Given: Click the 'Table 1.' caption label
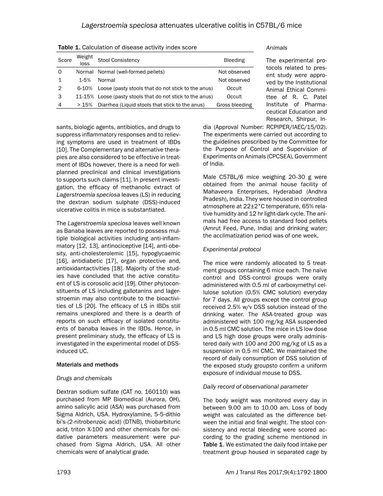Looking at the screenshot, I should point(69,48).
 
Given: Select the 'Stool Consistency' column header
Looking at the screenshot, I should point(119,60).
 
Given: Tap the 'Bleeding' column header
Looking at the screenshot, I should point(234,60).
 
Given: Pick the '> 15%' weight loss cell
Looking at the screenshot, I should point(85,105).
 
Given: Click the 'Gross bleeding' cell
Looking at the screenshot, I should point(234,105).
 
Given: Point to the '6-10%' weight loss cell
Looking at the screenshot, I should point(85,88).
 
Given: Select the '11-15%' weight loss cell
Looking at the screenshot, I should point(85,97).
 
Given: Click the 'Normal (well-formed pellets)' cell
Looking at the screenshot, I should point(131,72).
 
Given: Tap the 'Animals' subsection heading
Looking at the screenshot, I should point(277,48).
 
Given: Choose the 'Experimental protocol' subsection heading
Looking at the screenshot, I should point(232,250).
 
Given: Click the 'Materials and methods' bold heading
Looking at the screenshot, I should point(87,365).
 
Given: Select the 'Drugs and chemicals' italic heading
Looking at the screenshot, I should point(84,378).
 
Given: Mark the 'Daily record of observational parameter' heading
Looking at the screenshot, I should point(255,387).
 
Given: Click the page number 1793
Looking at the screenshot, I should point(64,472).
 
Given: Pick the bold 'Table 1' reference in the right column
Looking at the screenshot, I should point(212,444).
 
